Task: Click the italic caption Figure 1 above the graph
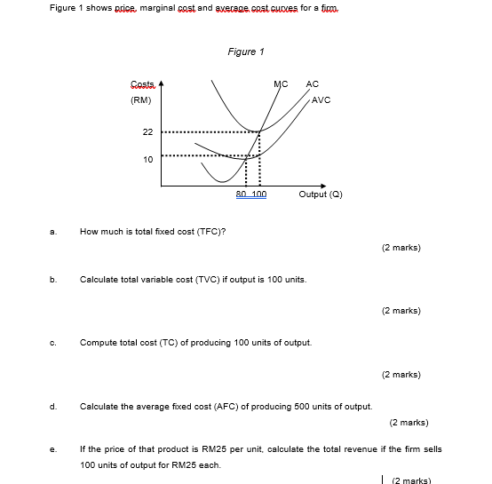click(x=246, y=52)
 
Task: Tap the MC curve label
click(x=281, y=84)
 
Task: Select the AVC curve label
click(x=321, y=99)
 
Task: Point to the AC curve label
click(x=312, y=84)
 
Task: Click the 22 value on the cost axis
click(x=147, y=131)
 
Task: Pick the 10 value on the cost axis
click(x=147, y=158)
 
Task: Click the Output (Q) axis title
click(x=321, y=194)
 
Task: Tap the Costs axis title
click(x=142, y=84)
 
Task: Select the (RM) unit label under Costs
click(x=141, y=99)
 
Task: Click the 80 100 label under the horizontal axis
click(x=251, y=194)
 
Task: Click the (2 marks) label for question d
click(x=409, y=423)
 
